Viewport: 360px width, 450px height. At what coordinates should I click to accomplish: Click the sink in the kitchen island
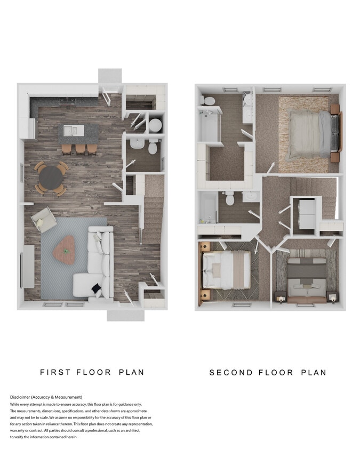tap(74, 130)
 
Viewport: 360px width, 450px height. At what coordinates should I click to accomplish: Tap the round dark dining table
tap(51, 178)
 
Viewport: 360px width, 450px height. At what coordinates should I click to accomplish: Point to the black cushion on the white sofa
tap(97, 288)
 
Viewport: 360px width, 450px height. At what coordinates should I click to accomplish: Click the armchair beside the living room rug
tap(43, 220)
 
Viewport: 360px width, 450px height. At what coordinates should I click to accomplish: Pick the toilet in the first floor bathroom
tap(153, 148)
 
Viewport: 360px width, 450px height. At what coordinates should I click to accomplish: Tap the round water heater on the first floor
tap(155, 125)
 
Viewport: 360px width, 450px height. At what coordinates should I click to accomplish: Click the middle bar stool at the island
tap(80, 149)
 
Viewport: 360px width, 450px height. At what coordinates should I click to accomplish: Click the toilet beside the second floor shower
tap(207, 100)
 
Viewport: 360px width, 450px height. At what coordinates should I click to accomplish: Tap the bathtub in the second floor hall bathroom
tap(207, 208)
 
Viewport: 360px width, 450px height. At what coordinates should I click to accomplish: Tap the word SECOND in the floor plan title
tap(228, 372)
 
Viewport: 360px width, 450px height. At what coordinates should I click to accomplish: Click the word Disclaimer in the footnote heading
tap(21, 397)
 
